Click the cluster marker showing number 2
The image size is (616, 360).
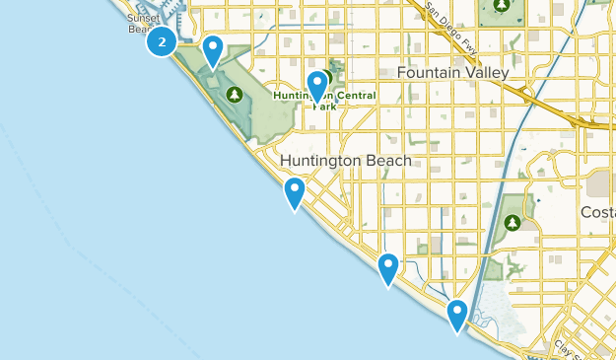162,41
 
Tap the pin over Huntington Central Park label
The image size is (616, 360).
317,86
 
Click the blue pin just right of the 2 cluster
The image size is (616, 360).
213,50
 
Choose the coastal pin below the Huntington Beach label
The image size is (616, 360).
294,193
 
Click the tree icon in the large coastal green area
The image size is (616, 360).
235,95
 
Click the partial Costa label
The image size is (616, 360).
599,213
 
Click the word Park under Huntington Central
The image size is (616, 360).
324,106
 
